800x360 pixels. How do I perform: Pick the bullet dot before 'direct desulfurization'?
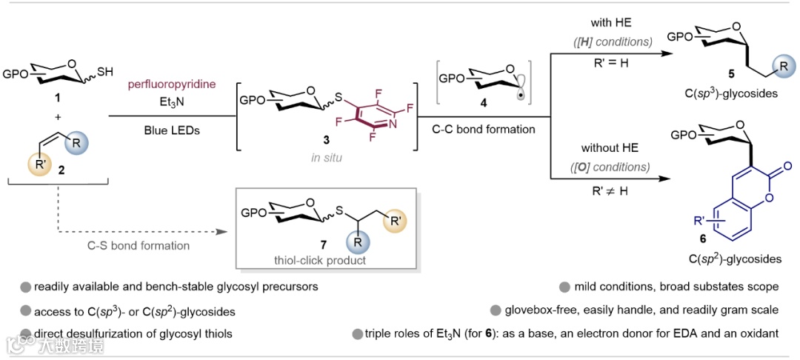point(26,333)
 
